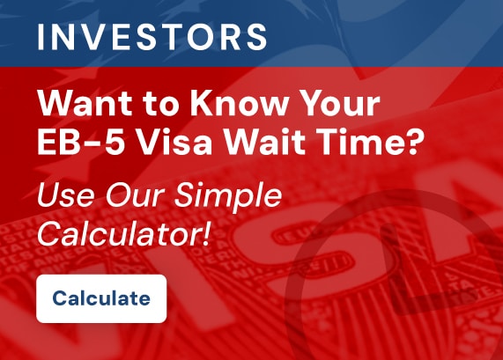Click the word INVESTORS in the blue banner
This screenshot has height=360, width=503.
point(152,37)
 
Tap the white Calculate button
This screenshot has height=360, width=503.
point(101,298)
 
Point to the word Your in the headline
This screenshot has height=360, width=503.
point(337,103)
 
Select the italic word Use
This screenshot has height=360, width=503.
point(67,195)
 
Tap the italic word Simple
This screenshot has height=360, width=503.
point(227,196)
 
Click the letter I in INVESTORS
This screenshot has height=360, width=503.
point(41,37)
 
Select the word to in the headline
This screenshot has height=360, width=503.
point(160,105)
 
